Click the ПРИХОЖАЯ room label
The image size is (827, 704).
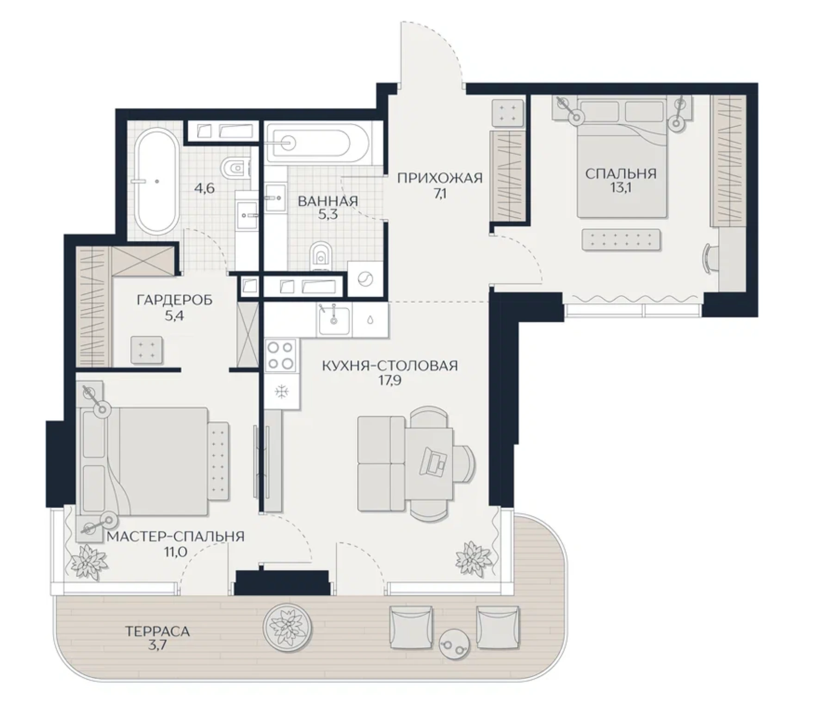click(439, 178)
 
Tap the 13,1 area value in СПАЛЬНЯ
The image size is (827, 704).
click(621, 189)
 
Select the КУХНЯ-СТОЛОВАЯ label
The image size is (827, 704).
click(389, 366)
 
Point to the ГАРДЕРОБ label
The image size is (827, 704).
click(175, 300)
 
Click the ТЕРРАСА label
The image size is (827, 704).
click(158, 631)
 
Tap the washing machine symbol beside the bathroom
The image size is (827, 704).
click(365, 279)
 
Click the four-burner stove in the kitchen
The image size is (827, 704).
click(281, 355)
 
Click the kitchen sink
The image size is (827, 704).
click(334, 319)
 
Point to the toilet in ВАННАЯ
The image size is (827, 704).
click(319, 255)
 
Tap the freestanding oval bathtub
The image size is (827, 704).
click(156, 181)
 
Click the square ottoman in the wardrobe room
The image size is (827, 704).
click(147, 350)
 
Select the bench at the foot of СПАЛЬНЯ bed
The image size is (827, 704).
click(622, 240)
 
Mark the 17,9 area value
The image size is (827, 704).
click(389, 381)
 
